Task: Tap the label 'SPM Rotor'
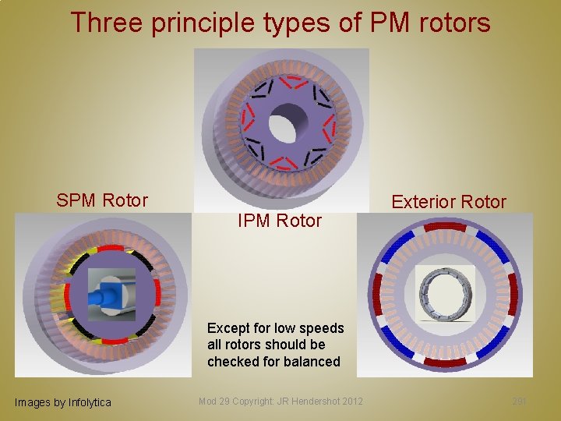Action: click(102, 200)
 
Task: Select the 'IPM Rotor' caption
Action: click(279, 221)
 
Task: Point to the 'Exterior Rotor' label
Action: click(449, 202)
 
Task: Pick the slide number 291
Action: click(520, 401)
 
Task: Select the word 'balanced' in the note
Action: click(312, 362)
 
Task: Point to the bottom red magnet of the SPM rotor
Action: click(115, 341)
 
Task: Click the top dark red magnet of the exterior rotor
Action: click(444, 226)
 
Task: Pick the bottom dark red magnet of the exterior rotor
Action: click(444, 362)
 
